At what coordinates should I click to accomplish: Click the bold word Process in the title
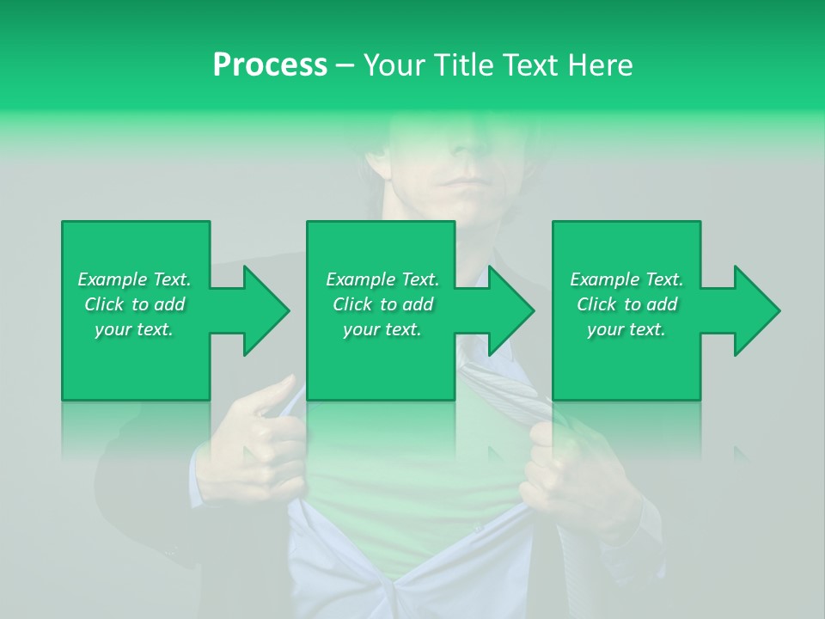click(270, 65)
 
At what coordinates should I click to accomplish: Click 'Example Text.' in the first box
click(134, 279)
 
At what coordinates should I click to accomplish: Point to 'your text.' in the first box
click(134, 329)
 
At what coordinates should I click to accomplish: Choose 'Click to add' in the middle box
click(382, 304)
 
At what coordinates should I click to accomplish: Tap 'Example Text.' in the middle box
click(382, 279)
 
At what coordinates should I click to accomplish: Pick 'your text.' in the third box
click(626, 329)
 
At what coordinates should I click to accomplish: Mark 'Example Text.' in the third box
click(626, 279)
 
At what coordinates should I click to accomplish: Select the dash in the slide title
click(345, 65)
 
